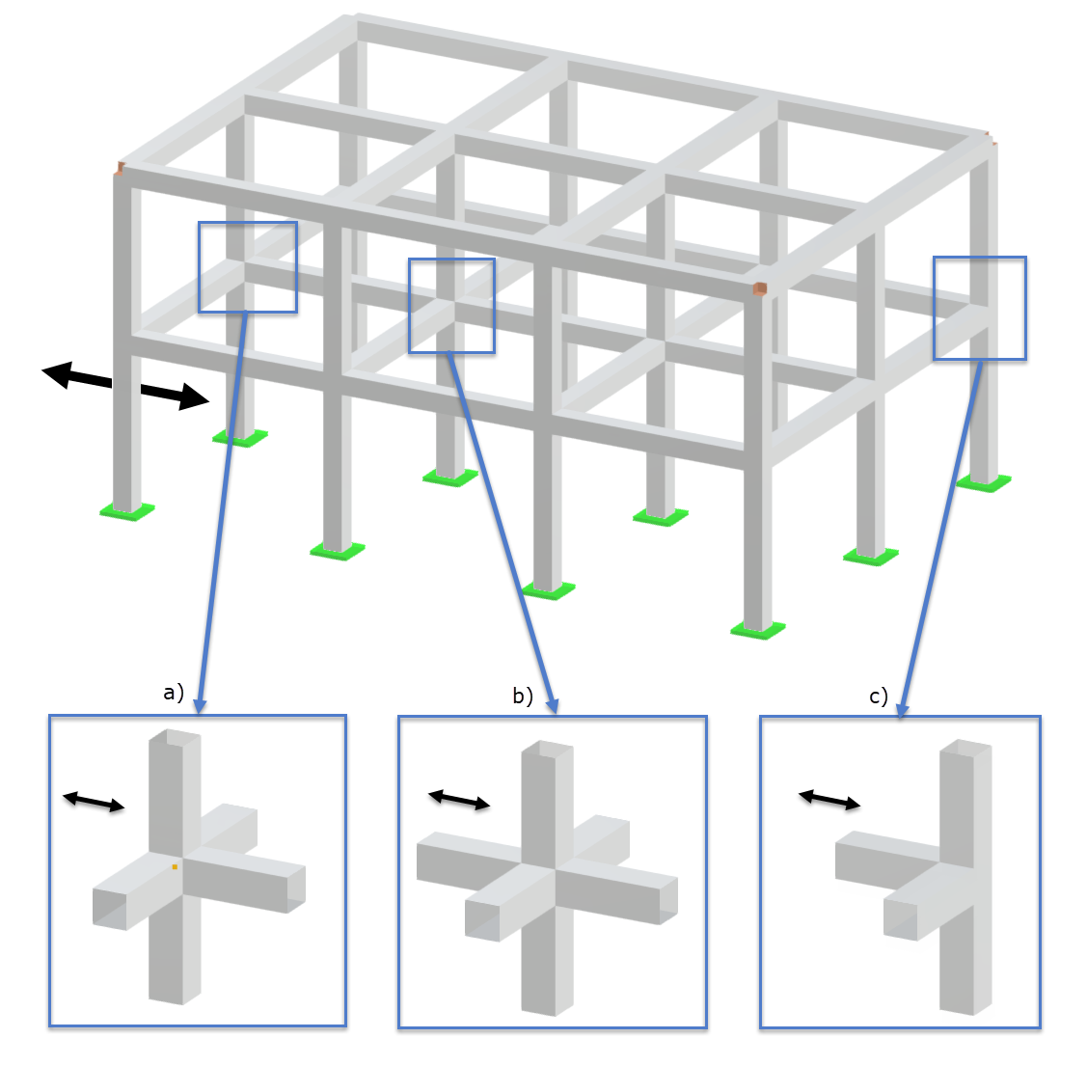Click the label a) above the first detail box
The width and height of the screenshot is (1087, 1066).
click(174, 693)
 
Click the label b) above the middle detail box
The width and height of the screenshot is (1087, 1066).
click(522, 696)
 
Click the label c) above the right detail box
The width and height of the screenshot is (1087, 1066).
click(878, 697)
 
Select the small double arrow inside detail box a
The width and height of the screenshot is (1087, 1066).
click(94, 802)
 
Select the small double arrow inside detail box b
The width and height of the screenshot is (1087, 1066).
click(459, 800)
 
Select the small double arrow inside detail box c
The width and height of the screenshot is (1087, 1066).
click(829, 800)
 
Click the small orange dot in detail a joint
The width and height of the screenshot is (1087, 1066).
click(175, 867)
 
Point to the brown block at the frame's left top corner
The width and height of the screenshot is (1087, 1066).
click(121, 169)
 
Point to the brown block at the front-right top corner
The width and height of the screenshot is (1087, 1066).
click(760, 288)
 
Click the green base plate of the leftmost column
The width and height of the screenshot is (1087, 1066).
click(127, 511)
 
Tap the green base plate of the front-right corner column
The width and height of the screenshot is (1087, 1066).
click(758, 631)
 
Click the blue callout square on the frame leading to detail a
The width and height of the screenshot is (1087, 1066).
click(247, 267)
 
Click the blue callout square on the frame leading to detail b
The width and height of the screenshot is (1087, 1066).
click(451, 305)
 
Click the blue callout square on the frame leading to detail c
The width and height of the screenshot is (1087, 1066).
click(979, 308)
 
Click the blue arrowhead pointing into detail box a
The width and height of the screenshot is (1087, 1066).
click(200, 706)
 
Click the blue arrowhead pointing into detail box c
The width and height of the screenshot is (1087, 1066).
click(903, 709)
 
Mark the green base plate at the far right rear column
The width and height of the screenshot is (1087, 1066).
click(984, 482)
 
